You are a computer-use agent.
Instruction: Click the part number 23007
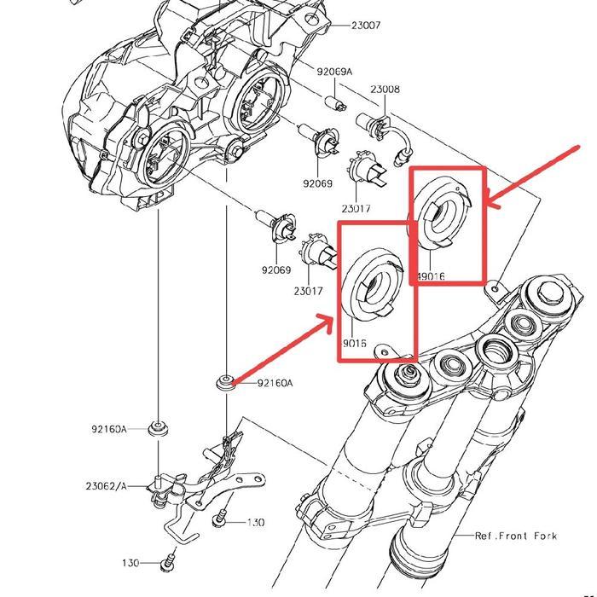click(x=366, y=26)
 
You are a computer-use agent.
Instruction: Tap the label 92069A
click(x=335, y=72)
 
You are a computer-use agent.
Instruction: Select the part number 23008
click(x=385, y=90)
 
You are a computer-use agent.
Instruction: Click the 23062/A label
click(x=105, y=486)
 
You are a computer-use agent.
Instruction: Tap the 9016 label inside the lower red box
click(x=355, y=343)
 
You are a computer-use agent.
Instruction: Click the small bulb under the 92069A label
click(x=339, y=103)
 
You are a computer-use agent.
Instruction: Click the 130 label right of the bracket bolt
click(x=255, y=522)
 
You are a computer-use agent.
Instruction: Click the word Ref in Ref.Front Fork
click(x=485, y=536)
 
